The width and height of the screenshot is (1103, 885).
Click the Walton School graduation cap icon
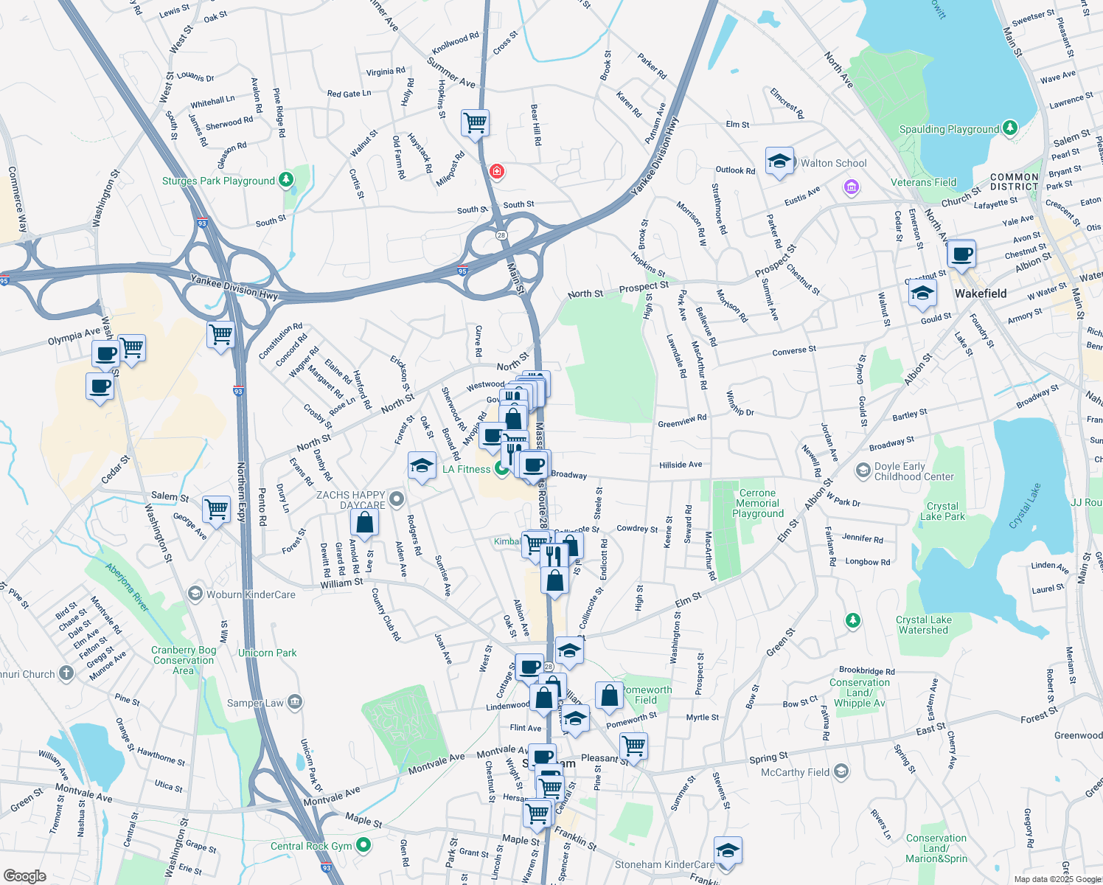779,162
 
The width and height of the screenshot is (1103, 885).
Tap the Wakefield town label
981,294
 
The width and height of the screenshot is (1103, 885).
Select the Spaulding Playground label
949,129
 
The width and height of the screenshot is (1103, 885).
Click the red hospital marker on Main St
497,172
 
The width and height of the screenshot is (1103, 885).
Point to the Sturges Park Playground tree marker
286,180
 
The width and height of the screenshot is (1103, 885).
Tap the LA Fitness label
466,469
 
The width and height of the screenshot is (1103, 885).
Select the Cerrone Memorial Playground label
758,503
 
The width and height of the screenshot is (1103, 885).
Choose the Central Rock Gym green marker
363,845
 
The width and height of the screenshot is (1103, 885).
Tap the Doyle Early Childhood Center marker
863,470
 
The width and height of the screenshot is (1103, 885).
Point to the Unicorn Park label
267,653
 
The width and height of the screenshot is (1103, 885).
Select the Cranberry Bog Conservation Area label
184,660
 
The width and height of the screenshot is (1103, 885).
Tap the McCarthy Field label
795,772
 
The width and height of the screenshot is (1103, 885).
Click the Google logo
24,876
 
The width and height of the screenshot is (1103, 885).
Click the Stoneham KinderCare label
664,864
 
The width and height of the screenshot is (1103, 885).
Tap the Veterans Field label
923,182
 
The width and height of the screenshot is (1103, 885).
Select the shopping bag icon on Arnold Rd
364,522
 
